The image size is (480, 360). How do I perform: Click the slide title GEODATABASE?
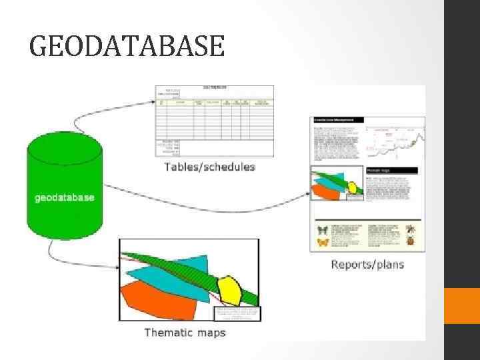(127, 46)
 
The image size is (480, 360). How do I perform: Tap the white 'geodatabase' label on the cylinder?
(64, 197)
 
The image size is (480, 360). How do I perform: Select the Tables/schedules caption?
(210, 167)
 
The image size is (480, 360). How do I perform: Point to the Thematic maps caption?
(185, 332)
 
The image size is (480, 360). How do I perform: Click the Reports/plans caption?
(367, 265)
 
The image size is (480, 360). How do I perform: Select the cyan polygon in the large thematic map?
(170, 273)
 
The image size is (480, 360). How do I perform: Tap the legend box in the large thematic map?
(237, 314)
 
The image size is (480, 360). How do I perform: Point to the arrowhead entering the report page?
(307, 194)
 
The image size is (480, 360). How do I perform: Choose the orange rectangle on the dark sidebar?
(462, 305)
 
